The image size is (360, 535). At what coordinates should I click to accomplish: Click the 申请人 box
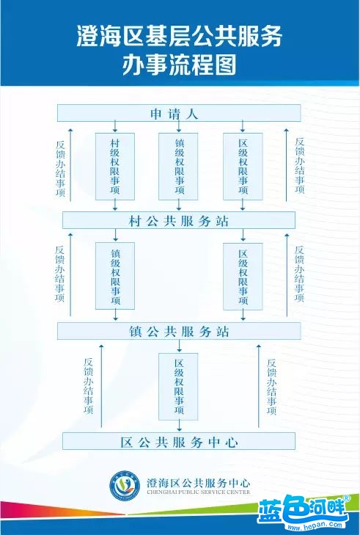point(179,113)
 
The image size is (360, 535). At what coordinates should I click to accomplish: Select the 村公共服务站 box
point(179,220)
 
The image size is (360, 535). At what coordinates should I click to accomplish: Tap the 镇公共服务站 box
point(179,331)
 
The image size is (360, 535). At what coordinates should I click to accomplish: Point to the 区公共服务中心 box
point(179,441)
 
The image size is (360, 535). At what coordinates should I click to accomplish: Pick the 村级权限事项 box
point(115,167)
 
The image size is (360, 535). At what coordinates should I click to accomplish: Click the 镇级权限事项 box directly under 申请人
point(178,167)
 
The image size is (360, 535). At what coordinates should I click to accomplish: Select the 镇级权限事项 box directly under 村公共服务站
point(115,276)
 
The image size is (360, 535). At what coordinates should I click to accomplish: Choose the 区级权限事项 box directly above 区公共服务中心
point(178,387)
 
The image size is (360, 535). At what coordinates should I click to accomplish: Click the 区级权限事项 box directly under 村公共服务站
point(243,277)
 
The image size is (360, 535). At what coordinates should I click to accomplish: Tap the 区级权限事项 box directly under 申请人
point(243,167)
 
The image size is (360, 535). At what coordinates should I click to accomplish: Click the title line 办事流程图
point(180,64)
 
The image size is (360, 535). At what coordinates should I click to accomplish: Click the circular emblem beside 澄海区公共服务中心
point(125,486)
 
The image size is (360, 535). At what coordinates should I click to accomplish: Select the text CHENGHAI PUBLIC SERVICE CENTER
point(198,492)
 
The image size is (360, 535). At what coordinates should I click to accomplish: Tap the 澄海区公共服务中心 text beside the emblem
point(198,483)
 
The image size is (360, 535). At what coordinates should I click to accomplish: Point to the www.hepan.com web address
point(315,525)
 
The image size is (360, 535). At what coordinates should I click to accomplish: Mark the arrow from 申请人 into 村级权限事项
point(115,126)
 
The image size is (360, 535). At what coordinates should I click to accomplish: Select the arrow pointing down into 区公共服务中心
point(180,426)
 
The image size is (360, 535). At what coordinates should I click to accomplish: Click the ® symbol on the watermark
point(346,498)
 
